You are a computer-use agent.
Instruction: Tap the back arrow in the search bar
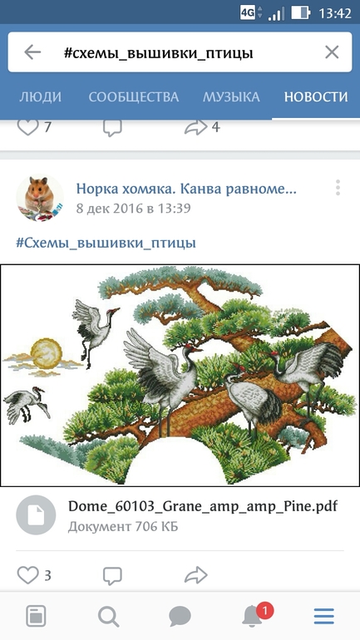[x=32, y=52]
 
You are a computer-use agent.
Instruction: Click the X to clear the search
[x=332, y=52]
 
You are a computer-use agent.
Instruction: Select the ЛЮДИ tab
[x=41, y=97]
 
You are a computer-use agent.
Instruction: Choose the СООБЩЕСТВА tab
[x=134, y=97]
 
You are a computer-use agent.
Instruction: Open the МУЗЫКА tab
[x=231, y=97]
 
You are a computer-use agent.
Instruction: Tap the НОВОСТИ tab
[x=316, y=97]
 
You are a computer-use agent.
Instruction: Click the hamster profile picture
[x=40, y=199]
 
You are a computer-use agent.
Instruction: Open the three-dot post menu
[x=338, y=187]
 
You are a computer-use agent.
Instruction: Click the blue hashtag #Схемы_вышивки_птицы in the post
[x=106, y=244]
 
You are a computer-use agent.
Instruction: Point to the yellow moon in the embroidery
[x=46, y=353]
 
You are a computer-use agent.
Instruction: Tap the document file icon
[x=36, y=515]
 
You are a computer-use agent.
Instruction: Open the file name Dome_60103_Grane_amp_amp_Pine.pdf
[x=203, y=506]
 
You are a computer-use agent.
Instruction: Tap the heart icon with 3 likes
[x=27, y=575]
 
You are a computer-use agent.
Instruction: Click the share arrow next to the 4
[x=196, y=127]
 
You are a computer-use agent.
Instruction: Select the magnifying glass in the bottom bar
[x=109, y=616]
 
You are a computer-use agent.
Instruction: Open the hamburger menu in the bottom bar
[x=324, y=616]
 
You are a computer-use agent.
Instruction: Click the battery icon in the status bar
[x=300, y=13]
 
